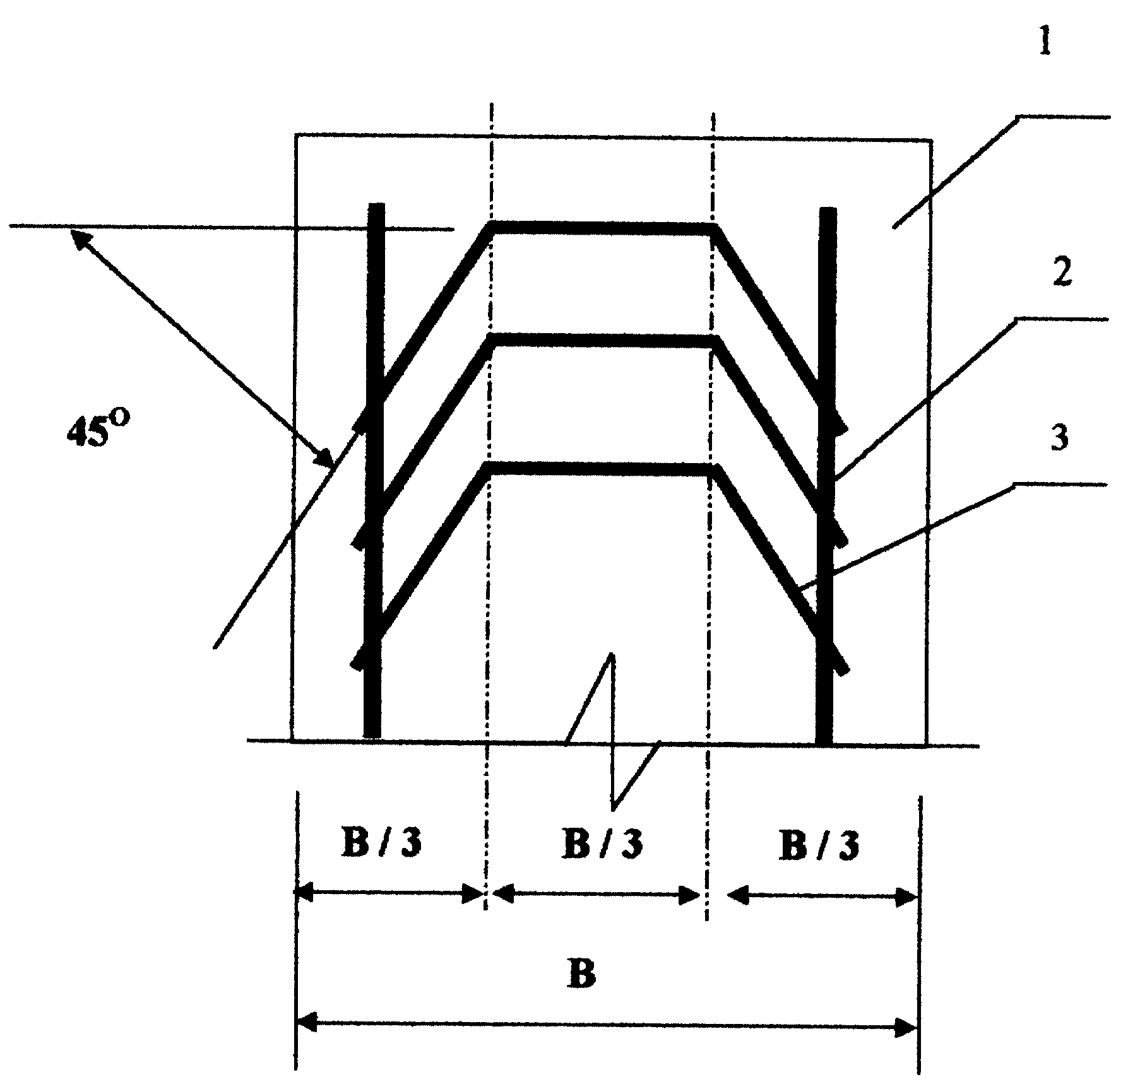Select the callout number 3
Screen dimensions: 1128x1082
[x=1060, y=437]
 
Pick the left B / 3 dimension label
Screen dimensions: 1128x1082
[x=380, y=844]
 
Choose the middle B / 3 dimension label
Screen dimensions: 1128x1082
[x=602, y=844]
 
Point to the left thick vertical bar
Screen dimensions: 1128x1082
[x=375, y=470]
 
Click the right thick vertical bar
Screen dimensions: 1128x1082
[x=826, y=476]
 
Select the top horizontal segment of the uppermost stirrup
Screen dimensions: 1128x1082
[x=602, y=228]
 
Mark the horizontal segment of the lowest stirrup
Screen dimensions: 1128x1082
[x=600, y=469]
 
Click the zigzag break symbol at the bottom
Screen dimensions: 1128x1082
[x=612, y=732]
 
